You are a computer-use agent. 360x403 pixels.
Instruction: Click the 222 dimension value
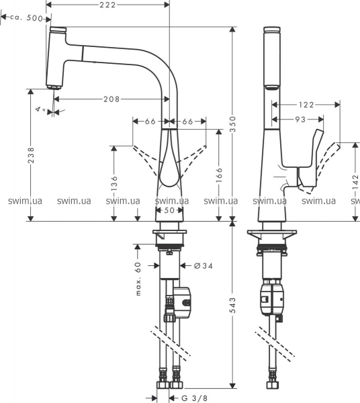pyautogui.click(x=107, y=5)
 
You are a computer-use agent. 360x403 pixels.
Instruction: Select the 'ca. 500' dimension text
pyautogui.click(x=26, y=18)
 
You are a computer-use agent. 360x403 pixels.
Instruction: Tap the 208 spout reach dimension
pyautogui.click(x=111, y=99)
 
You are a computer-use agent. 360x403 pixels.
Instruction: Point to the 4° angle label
pyautogui.click(x=40, y=109)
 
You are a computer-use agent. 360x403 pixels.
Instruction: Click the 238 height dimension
pyautogui.click(x=31, y=155)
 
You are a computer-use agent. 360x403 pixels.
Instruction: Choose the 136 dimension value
pyautogui.click(x=114, y=183)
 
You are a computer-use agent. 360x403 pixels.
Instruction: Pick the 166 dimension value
pyautogui.click(x=219, y=175)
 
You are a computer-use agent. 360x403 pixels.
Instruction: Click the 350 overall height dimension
pyautogui.click(x=232, y=124)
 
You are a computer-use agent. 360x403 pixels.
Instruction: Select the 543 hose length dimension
pyautogui.click(x=232, y=306)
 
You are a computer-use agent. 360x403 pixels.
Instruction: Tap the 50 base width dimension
pyautogui.click(x=169, y=210)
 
